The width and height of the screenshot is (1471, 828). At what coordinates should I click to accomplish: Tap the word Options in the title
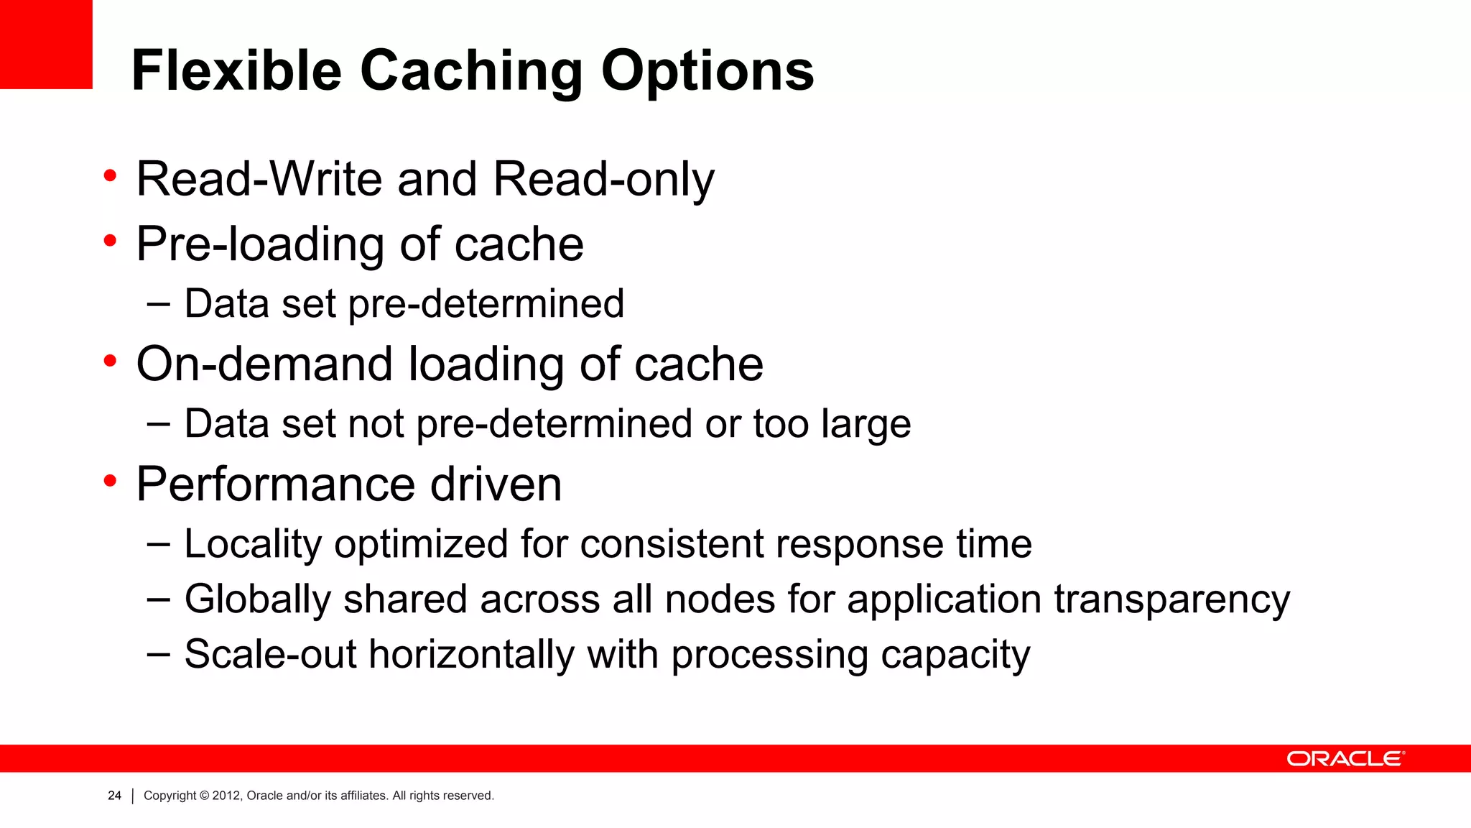pyautogui.click(x=707, y=72)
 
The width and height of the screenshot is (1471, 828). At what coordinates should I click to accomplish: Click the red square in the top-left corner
pyautogui.click(x=46, y=44)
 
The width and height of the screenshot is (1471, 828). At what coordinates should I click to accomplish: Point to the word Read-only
pyautogui.click(x=603, y=180)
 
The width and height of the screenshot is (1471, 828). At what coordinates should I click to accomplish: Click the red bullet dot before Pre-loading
pyautogui.click(x=110, y=241)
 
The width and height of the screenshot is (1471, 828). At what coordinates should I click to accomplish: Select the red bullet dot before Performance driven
pyautogui.click(x=110, y=481)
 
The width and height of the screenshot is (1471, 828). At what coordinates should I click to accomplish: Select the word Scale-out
pyautogui.click(x=270, y=654)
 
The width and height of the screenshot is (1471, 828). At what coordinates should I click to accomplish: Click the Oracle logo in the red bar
pyautogui.click(x=1345, y=759)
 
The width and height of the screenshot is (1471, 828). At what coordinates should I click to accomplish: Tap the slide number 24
pyautogui.click(x=114, y=796)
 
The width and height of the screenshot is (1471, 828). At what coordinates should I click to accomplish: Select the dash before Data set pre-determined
pyautogui.click(x=158, y=304)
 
